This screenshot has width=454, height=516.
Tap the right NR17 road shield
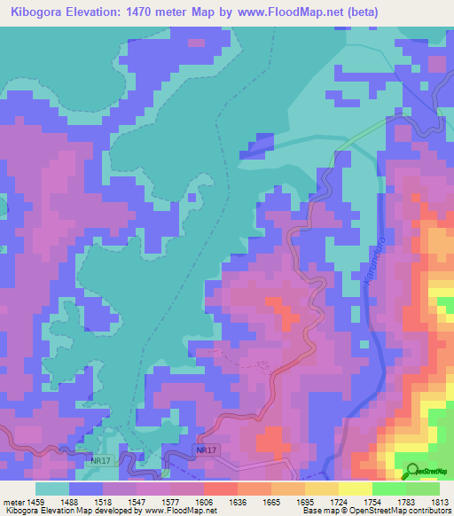(206, 451)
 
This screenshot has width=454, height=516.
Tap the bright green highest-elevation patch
(446, 306)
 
